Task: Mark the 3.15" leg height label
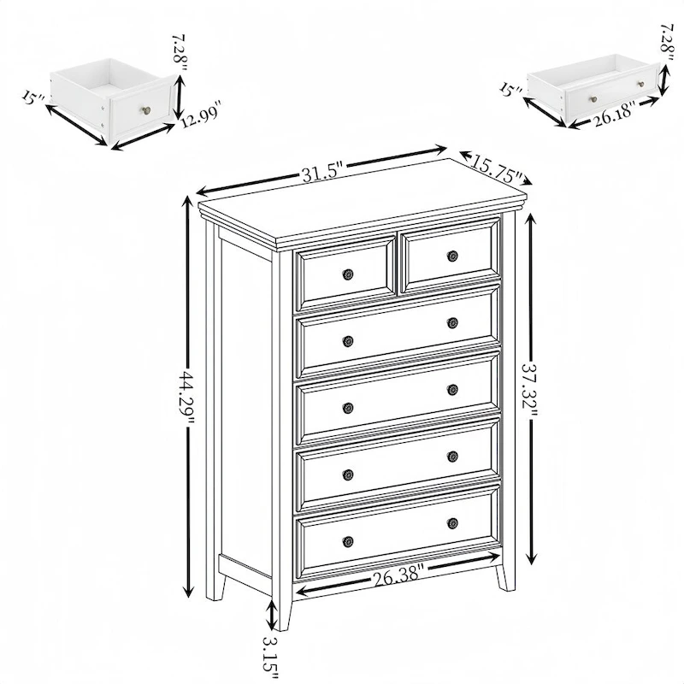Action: click(271, 653)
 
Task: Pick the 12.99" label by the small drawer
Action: click(200, 115)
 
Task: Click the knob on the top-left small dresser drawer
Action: click(348, 274)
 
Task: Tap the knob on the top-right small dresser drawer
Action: click(452, 256)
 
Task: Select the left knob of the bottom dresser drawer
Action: click(348, 540)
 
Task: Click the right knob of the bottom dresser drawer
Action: click(452, 522)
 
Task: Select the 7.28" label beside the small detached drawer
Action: click(179, 54)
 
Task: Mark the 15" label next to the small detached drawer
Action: click(32, 97)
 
